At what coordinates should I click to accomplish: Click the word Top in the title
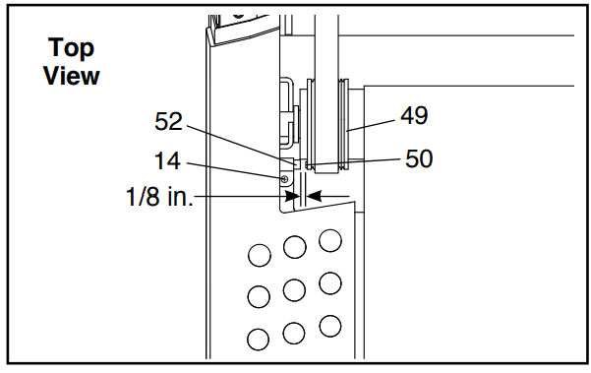pyautogui.click(x=71, y=48)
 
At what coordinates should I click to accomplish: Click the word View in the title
pyautogui.click(x=71, y=76)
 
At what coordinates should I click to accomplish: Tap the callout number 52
pyautogui.click(x=168, y=121)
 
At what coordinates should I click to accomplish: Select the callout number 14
pyautogui.click(x=168, y=161)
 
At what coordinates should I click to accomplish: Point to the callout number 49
pyautogui.click(x=414, y=115)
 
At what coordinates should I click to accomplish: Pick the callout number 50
pyautogui.click(x=419, y=158)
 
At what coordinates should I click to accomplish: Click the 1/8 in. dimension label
pyautogui.click(x=159, y=197)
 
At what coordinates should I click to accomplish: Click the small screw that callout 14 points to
pyautogui.click(x=284, y=179)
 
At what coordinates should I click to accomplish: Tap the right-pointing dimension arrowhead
pyautogui.click(x=292, y=196)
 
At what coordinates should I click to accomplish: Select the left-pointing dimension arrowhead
pyautogui.click(x=314, y=196)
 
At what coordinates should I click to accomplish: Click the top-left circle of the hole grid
pyautogui.click(x=260, y=255)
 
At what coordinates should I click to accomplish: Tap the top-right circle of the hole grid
pyautogui.click(x=330, y=240)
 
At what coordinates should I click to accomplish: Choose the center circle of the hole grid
pyautogui.click(x=294, y=290)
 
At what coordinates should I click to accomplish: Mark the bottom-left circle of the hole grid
pyautogui.click(x=259, y=340)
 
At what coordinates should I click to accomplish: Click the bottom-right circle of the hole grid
pyautogui.click(x=330, y=326)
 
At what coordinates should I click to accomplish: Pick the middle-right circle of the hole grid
pyautogui.click(x=330, y=283)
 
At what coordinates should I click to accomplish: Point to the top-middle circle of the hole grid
pyautogui.click(x=294, y=247)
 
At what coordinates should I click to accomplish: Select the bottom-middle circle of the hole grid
pyautogui.click(x=294, y=334)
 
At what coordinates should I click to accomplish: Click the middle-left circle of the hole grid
pyautogui.click(x=259, y=296)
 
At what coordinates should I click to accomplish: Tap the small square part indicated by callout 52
pyautogui.click(x=297, y=164)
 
